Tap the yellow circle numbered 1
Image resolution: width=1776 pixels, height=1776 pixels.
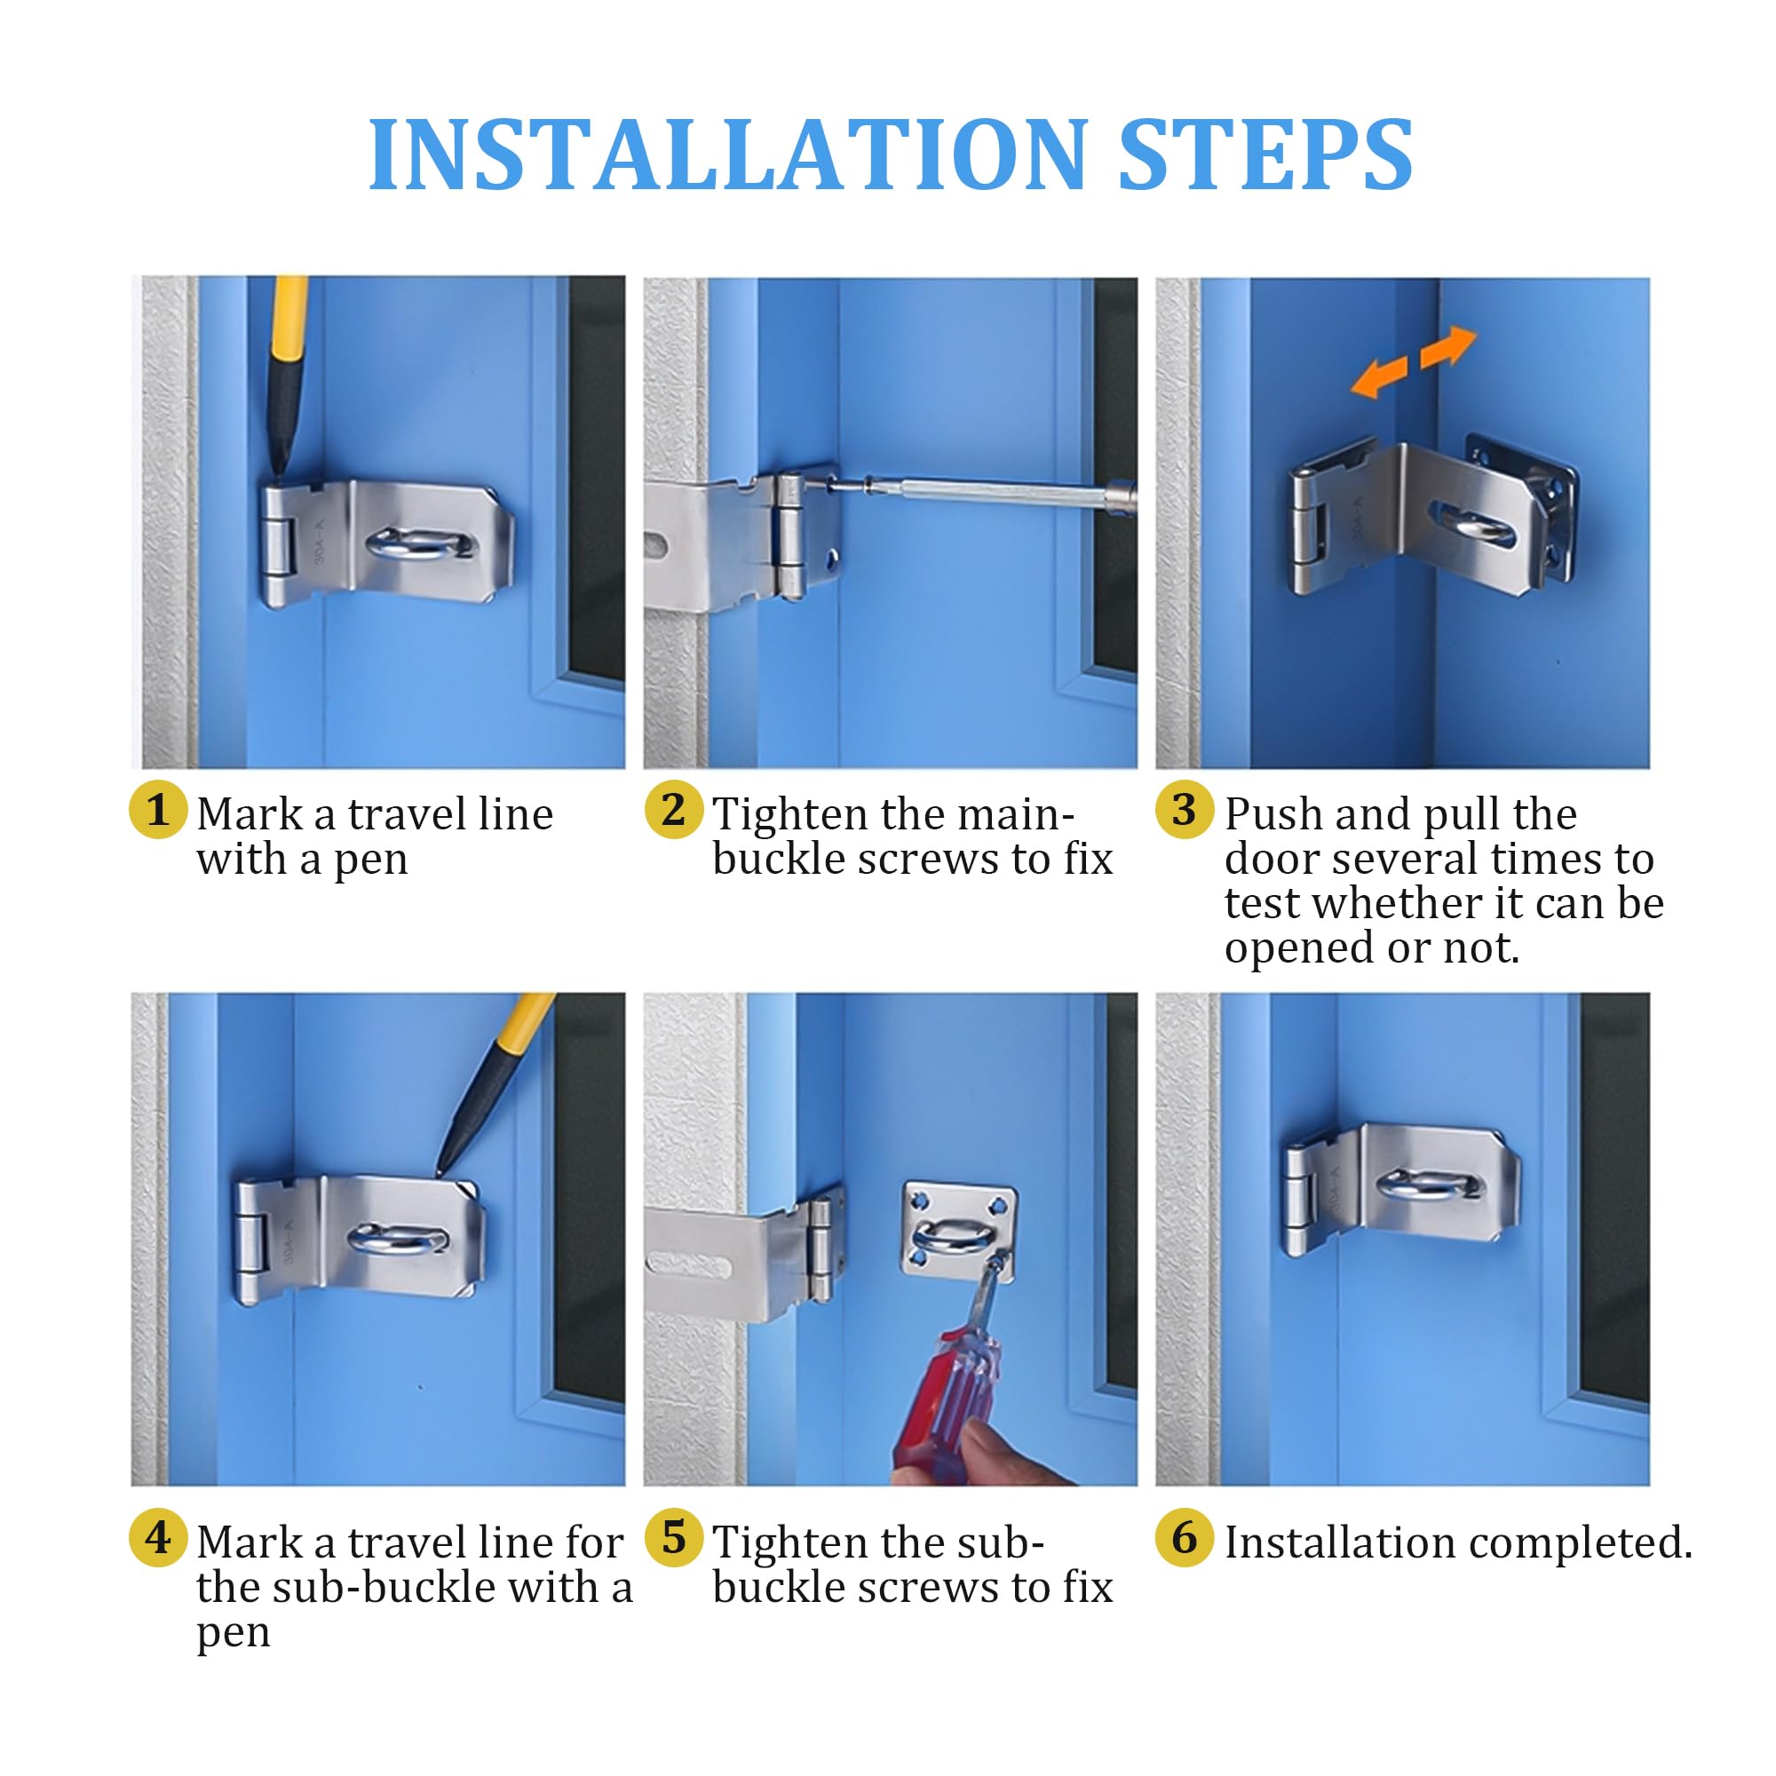pos(158,809)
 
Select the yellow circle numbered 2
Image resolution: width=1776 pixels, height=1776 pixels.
pos(673,809)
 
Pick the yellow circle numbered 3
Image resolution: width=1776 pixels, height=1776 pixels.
pos(1185,809)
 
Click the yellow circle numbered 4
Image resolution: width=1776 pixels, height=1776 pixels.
pos(158,1537)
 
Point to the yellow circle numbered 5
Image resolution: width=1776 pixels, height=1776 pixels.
pos(673,1537)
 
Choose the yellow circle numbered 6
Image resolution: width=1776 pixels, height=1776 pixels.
pos(1185,1537)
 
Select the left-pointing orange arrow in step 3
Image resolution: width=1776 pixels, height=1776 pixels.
pos(1380,377)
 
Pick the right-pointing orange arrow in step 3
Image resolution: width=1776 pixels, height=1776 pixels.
pos(1447,347)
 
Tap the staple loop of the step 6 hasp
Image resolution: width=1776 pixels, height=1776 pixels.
pos(1431,1185)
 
